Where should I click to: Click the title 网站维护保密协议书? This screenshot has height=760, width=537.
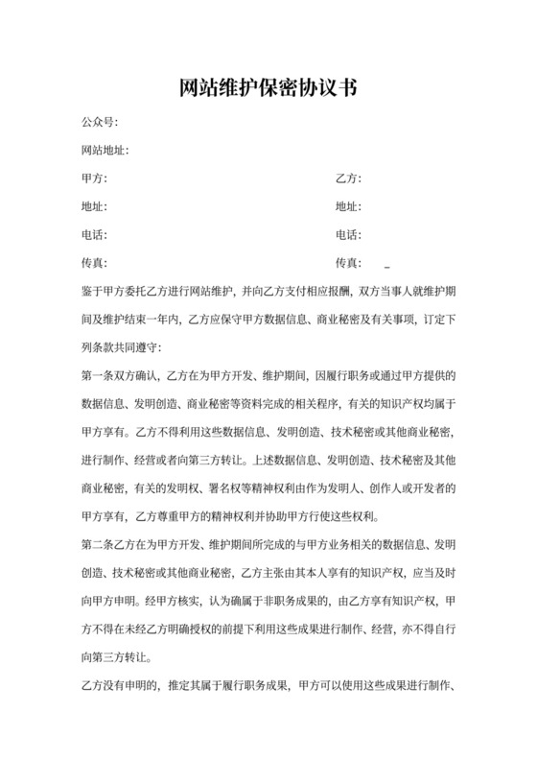tap(268, 89)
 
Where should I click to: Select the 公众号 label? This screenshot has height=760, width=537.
tap(101, 123)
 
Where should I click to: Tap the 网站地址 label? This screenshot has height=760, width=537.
tap(105, 151)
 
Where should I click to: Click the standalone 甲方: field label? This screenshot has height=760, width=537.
tap(95, 178)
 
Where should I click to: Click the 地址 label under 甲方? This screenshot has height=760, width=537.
tap(95, 206)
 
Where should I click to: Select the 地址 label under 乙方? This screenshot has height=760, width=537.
tap(348, 206)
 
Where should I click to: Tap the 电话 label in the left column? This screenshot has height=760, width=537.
tap(95, 234)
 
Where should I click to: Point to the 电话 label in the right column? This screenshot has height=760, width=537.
tap(348, 234)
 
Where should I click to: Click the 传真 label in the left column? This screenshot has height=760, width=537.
tap(95, 262)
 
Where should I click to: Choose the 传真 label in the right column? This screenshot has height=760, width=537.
tap(348, 262)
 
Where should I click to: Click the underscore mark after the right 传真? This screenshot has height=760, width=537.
tap(387, 265)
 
